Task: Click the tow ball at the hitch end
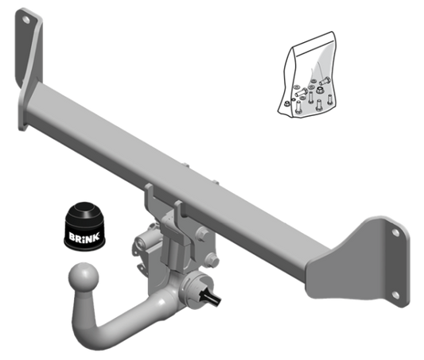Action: tap(84, 277)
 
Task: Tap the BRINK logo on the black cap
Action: tap(84, 237)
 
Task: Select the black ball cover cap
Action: tap(85, 226)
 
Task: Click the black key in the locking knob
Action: tap(210, 297)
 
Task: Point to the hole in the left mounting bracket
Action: tap(26, 19)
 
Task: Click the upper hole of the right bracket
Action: tap(395, 233)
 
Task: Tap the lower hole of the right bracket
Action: tap(395, 295)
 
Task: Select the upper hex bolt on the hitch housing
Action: tap(203, 234)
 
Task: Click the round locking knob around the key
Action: tap(196, 290)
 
